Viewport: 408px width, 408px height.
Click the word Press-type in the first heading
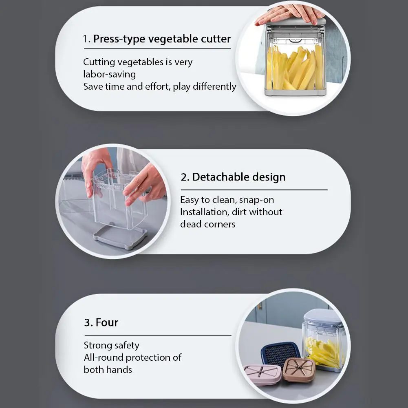point(119,39)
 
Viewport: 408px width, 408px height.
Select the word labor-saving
point(109,75)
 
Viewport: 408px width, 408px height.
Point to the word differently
point(214,86)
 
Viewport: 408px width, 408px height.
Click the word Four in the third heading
point(107,322)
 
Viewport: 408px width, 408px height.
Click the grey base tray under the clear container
point(120,238)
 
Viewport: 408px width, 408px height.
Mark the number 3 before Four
point(87,323)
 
